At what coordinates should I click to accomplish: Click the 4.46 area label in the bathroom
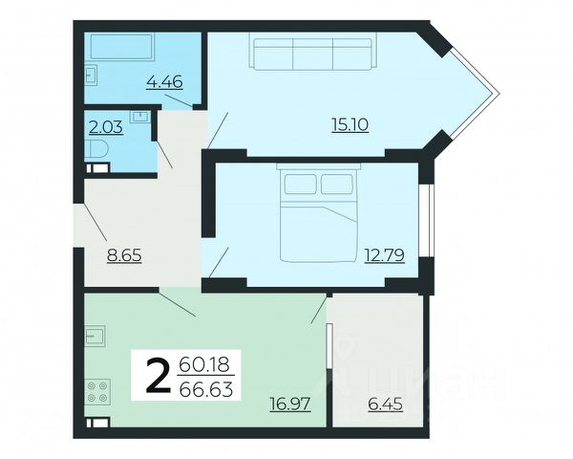(x=164, y=81)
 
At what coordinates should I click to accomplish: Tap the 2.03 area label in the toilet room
(x=106, y=128)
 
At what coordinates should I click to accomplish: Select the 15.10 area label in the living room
(x=350, y=125)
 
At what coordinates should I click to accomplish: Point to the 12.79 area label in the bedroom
(x=385, y=255)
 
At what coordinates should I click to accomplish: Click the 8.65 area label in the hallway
(x=124, y=254)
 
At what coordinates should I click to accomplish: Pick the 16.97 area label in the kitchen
(x=290, y=404)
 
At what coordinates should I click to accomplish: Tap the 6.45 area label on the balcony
(x=385, y=404)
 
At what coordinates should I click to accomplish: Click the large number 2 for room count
(x=158, y=376)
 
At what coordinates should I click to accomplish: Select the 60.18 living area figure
(x=204, y=364)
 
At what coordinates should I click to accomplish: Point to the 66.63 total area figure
(x=206, y=389)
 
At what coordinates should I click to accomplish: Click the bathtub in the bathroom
(x=121, y=47)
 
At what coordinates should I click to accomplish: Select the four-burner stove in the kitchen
(x=97, y=392)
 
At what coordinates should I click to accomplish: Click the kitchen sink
(x=95, y=336)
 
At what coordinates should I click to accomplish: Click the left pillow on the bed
(x=301, y=184)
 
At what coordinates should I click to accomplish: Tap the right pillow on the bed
(x=337, y=184)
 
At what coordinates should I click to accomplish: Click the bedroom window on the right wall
(x=426, y=220)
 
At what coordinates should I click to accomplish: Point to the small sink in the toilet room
(x=140, y=117)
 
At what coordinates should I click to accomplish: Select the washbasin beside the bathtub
(x=92, y=75)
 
